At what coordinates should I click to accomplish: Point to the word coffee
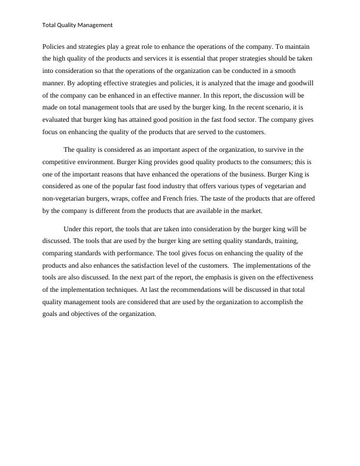[154, 200]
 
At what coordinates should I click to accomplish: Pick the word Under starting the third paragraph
[73, 229]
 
